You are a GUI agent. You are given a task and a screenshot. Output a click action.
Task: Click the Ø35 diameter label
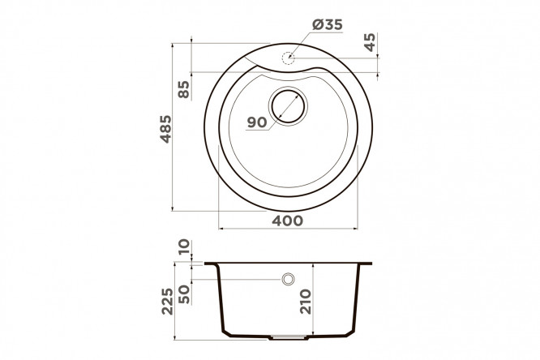point(328,24)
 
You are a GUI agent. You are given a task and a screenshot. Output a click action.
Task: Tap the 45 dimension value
point(370,42)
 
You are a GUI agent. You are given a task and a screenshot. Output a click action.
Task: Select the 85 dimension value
point(184,89)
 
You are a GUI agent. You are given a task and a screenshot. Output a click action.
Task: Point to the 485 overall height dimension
point(165,129)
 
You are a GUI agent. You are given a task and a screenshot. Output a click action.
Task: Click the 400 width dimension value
point(288,221)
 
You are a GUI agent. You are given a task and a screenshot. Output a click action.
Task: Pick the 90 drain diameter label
point(257,122)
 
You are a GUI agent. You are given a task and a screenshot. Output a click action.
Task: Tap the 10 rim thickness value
point(184,246)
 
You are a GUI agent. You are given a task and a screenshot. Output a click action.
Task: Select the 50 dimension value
point(184,294)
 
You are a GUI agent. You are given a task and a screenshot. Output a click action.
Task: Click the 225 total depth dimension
point(167,301)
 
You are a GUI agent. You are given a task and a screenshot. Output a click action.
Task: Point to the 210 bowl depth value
point(305,302)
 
